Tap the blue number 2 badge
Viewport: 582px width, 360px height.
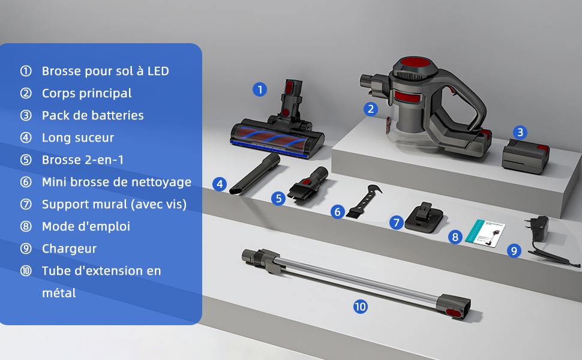(370, 109)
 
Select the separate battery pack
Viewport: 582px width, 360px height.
(525, 156)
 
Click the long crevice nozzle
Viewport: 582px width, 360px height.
(255, 173)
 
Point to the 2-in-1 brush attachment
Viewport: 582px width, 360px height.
(308, 184)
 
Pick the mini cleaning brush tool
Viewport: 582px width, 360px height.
(364, 201)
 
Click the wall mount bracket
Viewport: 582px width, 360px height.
(424, 218)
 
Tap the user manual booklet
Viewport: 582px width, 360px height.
(485, 232)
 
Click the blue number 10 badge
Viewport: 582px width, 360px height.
(361, 307)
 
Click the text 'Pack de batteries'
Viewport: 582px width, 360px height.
(93, 115)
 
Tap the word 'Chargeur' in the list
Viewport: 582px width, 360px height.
(70, 248)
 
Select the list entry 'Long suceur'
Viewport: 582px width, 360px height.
(78, 137)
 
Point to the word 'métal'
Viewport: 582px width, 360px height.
(59, 293)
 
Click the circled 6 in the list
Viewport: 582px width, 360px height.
(26, 182)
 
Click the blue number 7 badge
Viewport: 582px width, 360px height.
(397, 223)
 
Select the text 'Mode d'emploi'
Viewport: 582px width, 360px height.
(86, 226)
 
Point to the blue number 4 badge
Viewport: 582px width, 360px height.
(220, 184)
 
